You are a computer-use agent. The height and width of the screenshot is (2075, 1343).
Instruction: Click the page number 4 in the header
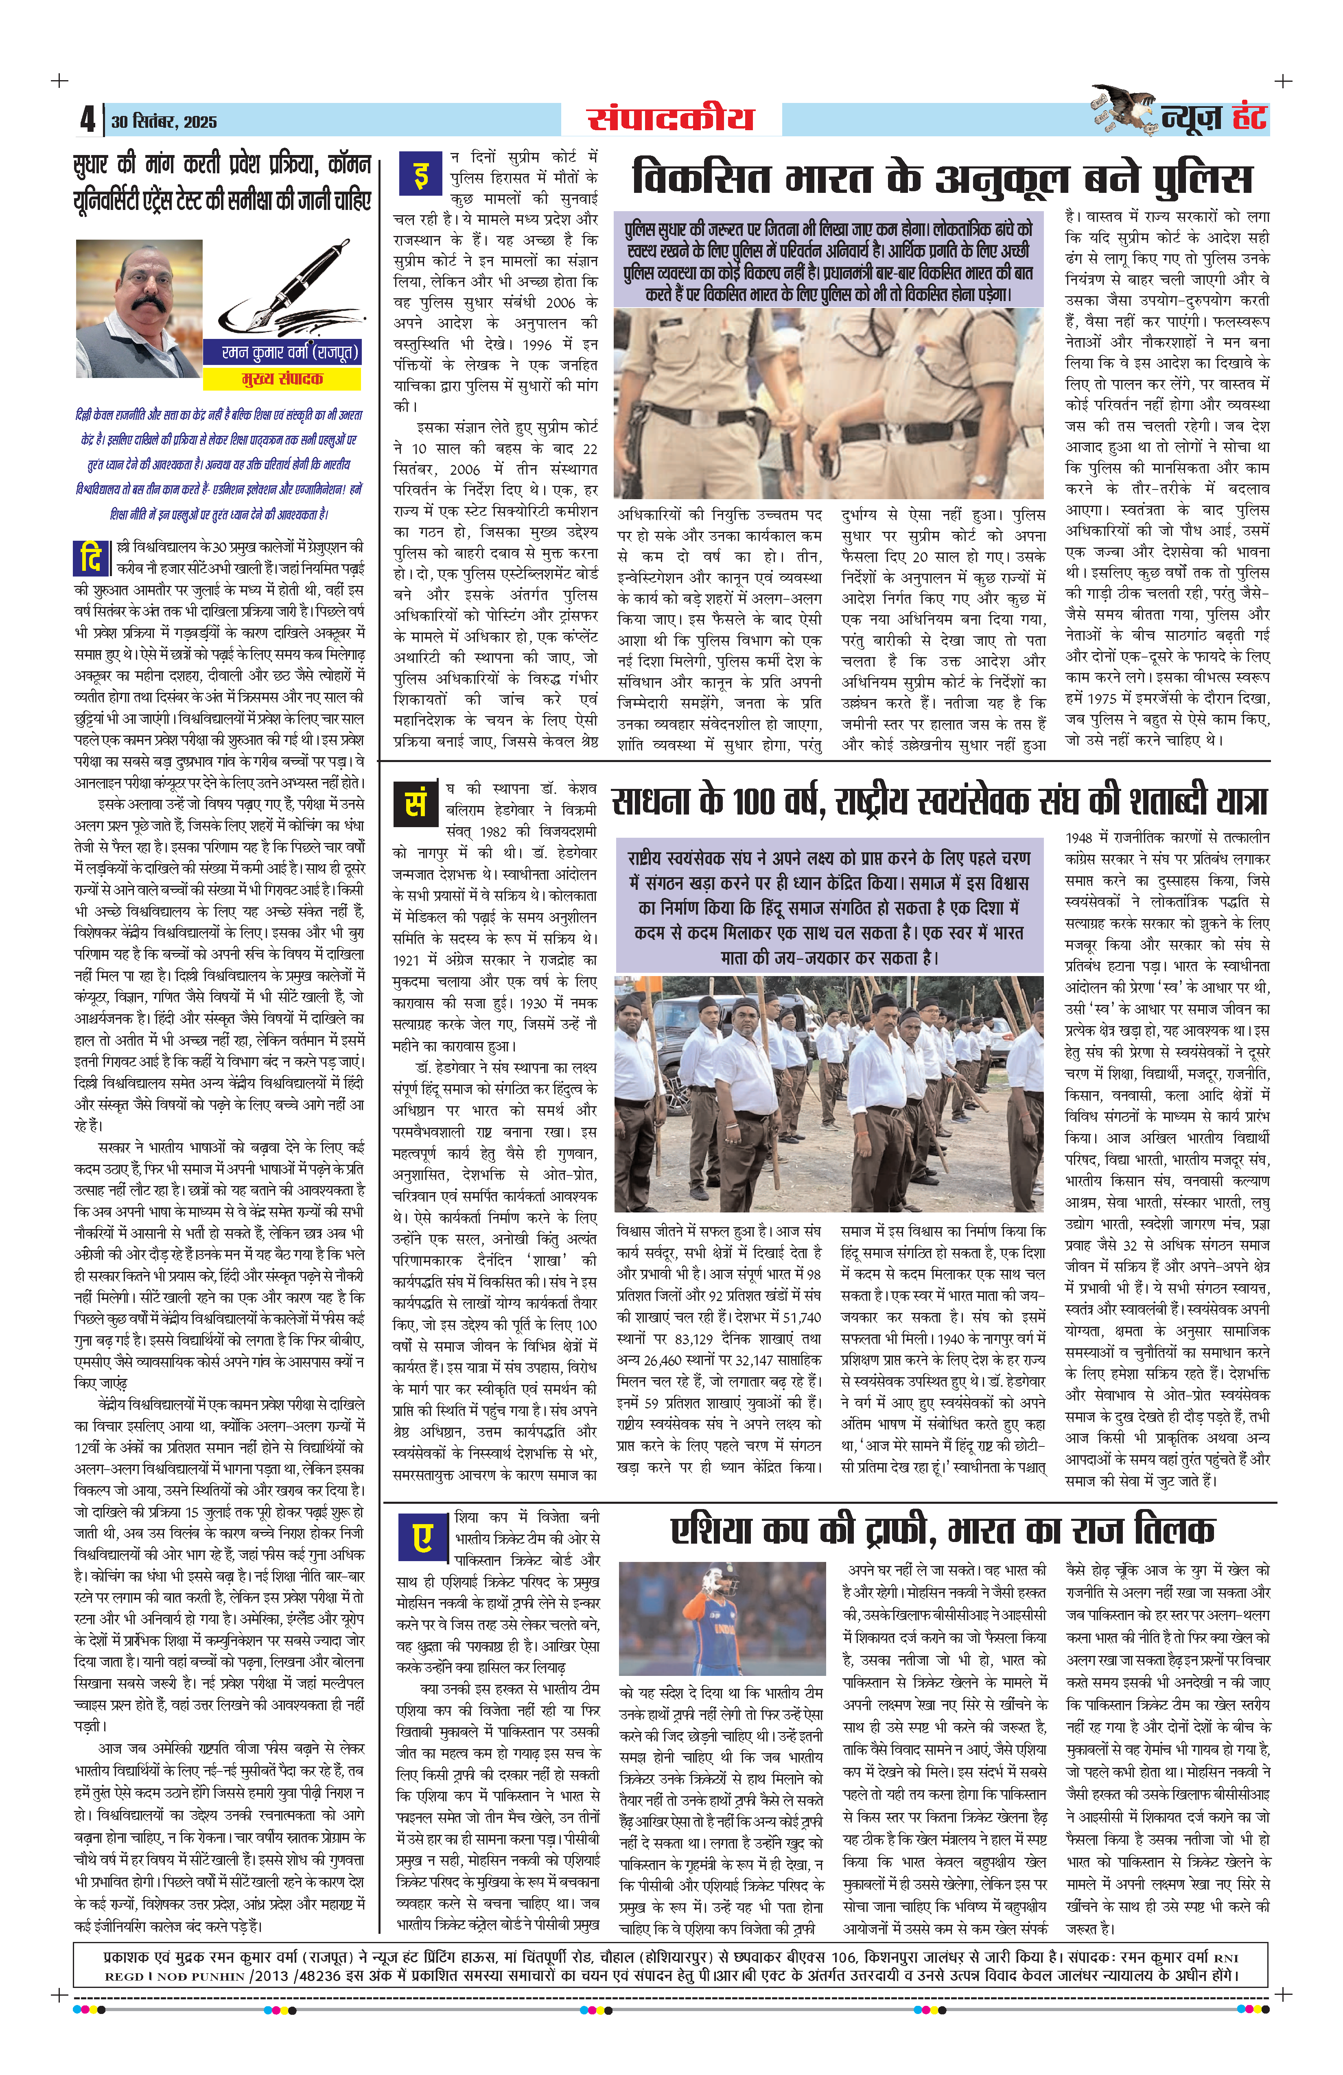[87, 120]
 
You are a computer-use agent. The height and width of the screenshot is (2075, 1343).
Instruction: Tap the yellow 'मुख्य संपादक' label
[282, 379]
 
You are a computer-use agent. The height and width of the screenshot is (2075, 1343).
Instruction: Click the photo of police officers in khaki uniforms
[829, 403]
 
